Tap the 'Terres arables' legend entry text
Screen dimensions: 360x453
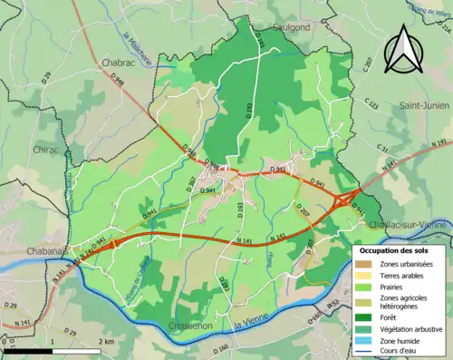(404, 275)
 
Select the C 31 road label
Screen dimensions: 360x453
(383, 149)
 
